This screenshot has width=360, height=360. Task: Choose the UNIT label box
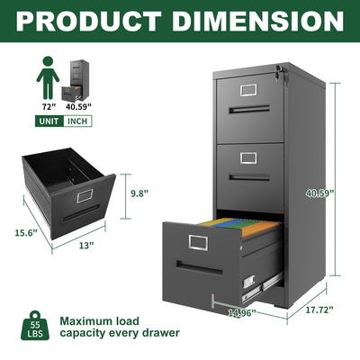[x=50, y=121]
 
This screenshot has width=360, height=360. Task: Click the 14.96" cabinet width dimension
[x=239, y=314]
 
